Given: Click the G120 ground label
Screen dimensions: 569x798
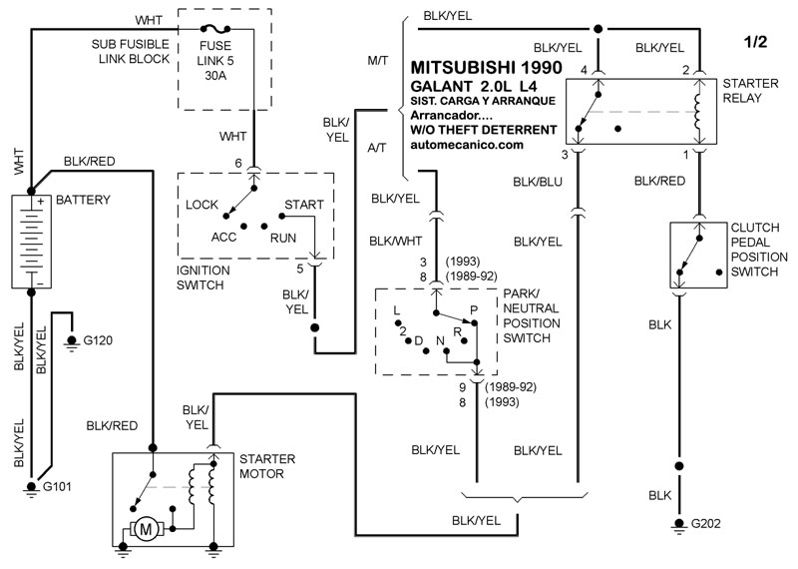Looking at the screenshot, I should tap(98, 340).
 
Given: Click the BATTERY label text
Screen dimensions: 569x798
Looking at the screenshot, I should tap(84, 200).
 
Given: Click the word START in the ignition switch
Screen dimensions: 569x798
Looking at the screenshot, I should tap(303, 205).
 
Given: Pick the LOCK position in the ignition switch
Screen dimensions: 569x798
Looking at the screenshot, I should tap(202, 205).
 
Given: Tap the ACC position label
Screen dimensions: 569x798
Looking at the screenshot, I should tap(223, 238).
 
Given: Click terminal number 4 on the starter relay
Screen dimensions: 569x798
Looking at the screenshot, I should tap(585, 69).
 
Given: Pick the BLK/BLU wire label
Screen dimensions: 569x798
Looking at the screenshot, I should tap(538, 181).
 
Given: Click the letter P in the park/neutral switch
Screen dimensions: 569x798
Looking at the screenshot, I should tap(474, 310).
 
